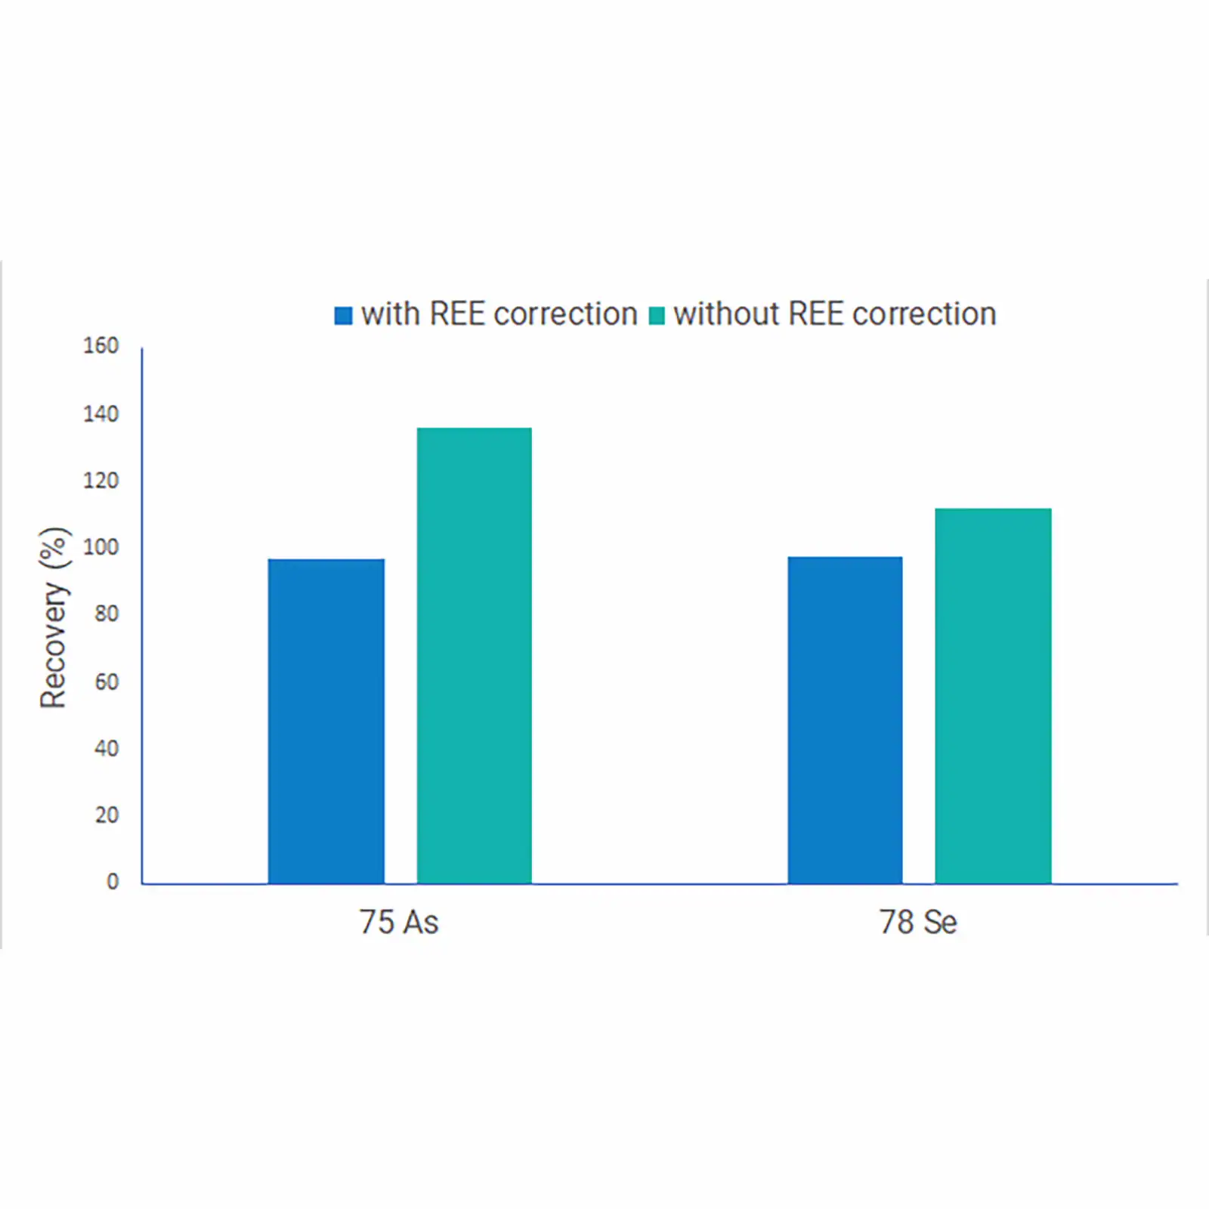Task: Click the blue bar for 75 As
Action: [x=326, y=721]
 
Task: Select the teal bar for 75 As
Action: [x=475, y=655]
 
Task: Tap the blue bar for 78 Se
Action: [x=845, y=719]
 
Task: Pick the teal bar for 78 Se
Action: [x=993, y=695]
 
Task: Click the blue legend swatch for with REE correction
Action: [x=344, y=315]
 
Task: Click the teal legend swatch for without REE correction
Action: [x=657, y=315]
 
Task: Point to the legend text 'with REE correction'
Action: [x=499, y=314]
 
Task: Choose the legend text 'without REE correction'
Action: [x=835, y=314]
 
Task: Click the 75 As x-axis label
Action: [x=399, y=922]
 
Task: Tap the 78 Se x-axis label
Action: [x=918, y=922]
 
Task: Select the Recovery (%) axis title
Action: [x=54, y=617]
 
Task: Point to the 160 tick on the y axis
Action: [x=101, y=346]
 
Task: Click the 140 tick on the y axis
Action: [x=101, y=414]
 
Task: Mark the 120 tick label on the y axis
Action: [x=101, y=481]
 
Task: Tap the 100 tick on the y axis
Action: [x=101, y=547]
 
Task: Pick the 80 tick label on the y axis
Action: [x=107, y=614]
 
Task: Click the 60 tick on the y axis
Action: [x=107, y=682]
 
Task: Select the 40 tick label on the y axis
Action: [x=107, y=748]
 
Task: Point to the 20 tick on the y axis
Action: [x=107, y=815]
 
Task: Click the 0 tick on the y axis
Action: [x=113, y=881]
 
